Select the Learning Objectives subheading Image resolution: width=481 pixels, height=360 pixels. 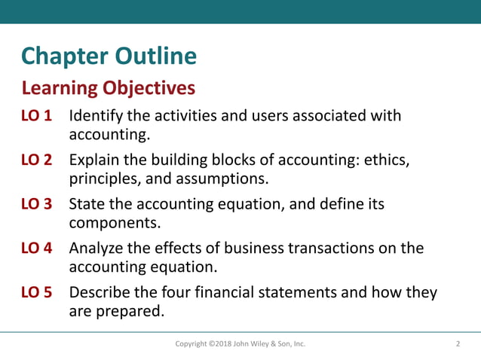point(109,89)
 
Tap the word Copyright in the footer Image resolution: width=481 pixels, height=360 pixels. point(193,345)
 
